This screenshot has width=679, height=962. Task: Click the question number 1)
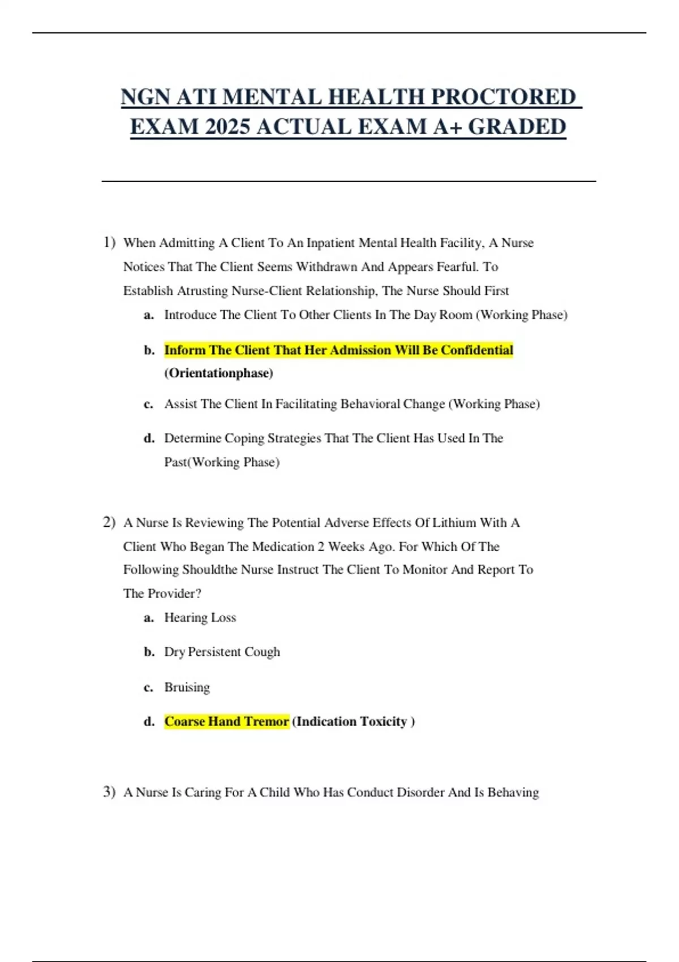pos(109,243)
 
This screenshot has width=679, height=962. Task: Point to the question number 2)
pos(109,522)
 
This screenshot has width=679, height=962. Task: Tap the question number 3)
pos(109,792)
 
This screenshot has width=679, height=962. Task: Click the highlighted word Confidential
pos(477,350)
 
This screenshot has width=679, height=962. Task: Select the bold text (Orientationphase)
pos(219,373)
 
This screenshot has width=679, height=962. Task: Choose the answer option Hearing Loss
pos(200,617)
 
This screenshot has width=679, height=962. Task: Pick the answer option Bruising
pos(187,687)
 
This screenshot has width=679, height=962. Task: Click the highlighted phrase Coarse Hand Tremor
pos(226,721)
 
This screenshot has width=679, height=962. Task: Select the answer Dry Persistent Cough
pos(222,652)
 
